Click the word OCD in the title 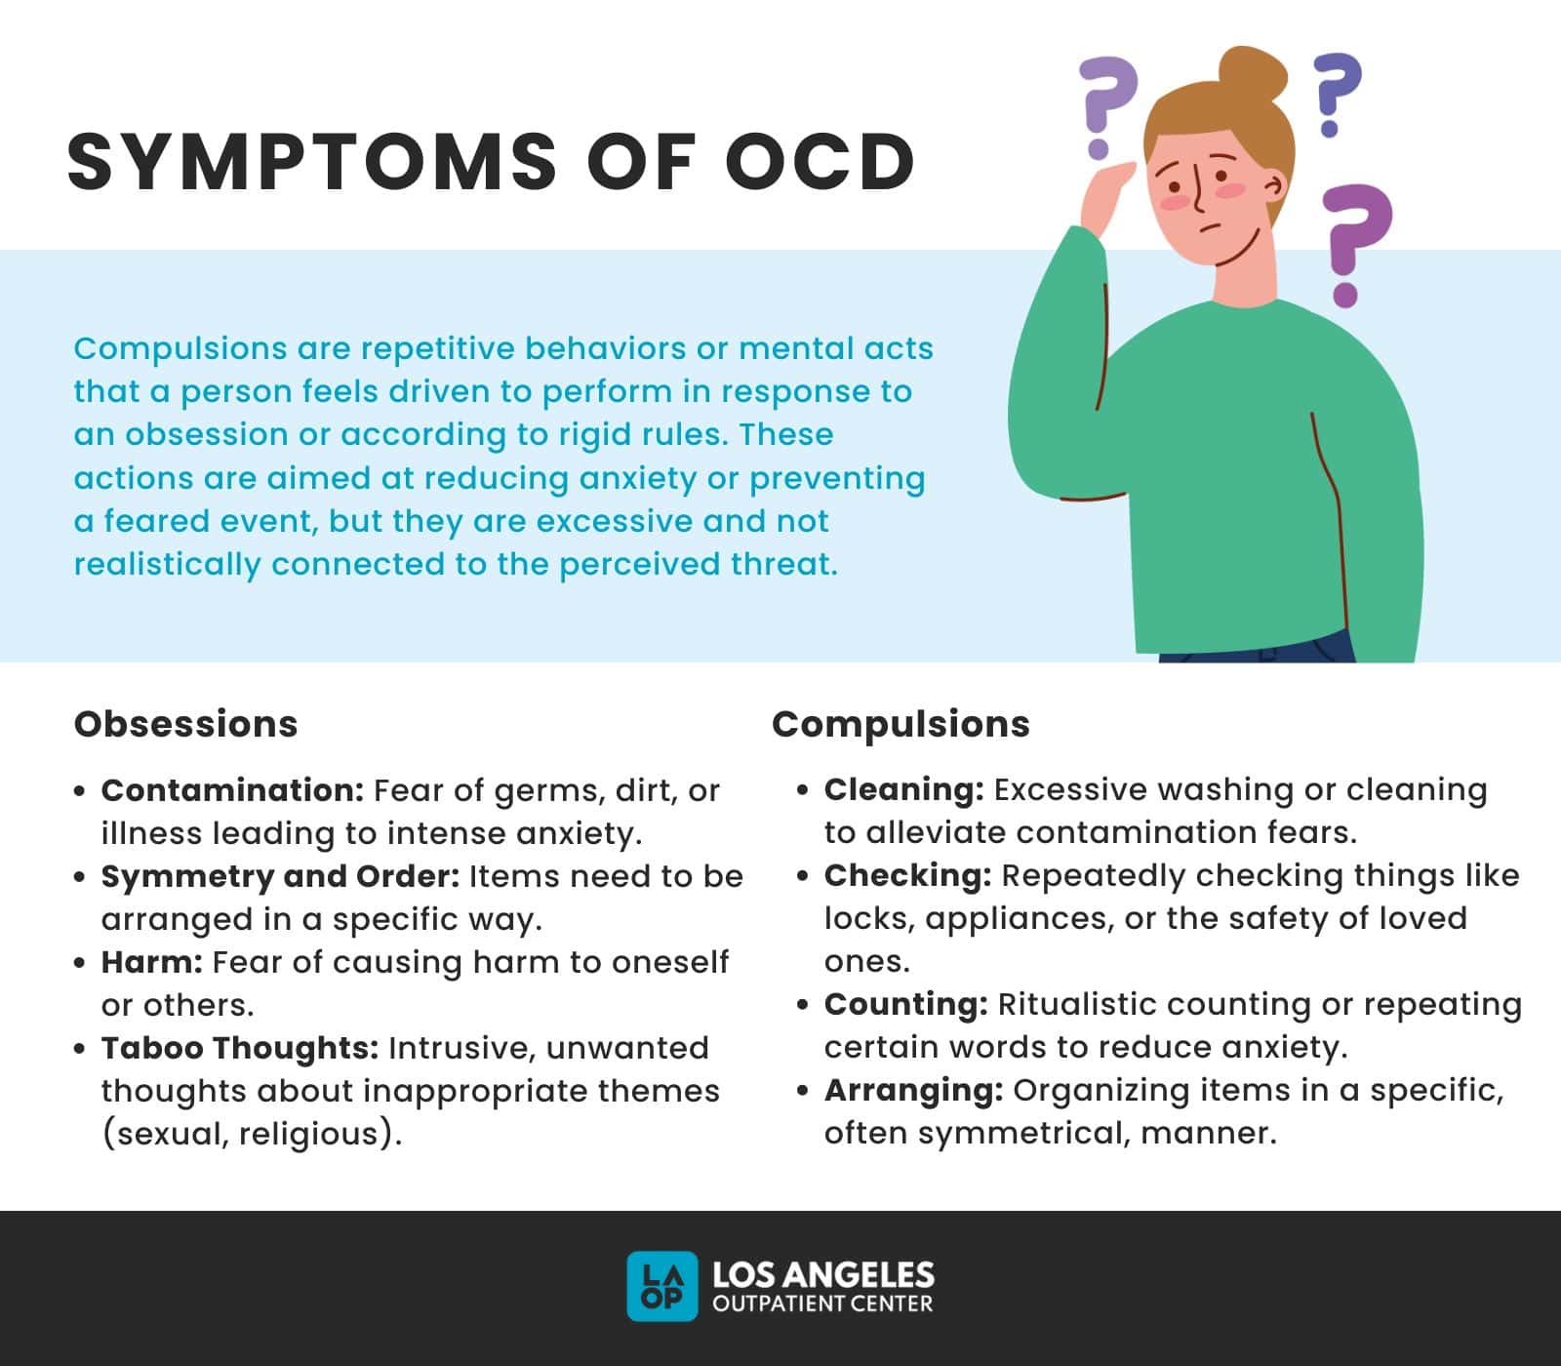[x=820, y=161]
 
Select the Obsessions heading [x=185, y=724]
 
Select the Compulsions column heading [x=901, y=724]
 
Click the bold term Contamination [x=232, y=790]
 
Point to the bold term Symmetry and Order [x=280, y=876]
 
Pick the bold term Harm [x=151, y=962]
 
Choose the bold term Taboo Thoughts [x=240, y=1048]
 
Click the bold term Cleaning [x=903, y=789]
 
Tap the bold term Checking [x=907, y=875]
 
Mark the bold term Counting [x=906, y=1004]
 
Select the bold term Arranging [x=913, y=1090]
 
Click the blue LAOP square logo [x=662, y=1286]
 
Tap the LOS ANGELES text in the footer [x=823, y=1274]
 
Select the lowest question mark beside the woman [x=1354, y=244]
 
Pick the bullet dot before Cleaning [x=803, y=790]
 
